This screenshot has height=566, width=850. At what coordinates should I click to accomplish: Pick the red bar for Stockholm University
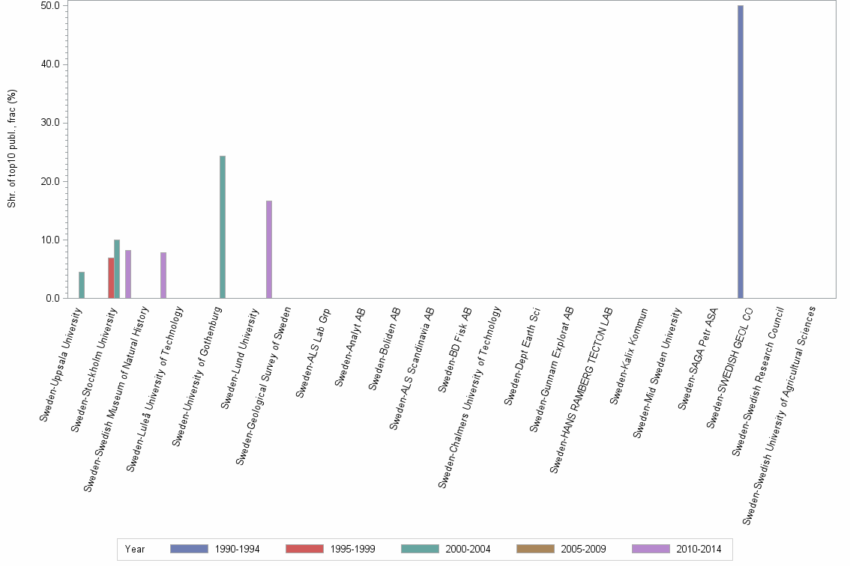tap(111, 278)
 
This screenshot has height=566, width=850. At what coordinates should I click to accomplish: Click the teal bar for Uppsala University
tap(82, 285)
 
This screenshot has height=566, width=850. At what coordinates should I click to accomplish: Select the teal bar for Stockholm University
tap(117, 269)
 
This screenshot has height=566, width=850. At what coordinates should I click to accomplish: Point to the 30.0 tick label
tap(52, 123)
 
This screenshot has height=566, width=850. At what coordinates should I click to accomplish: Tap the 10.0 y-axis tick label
tap(52, 240)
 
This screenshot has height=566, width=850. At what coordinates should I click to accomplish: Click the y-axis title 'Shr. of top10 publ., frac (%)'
tap(12, 149)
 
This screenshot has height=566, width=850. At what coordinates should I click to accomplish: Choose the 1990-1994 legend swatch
tap(189, 549)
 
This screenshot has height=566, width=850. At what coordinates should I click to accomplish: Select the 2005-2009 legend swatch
tap(535, 549)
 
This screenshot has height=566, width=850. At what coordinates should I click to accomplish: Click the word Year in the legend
tap(135, 549)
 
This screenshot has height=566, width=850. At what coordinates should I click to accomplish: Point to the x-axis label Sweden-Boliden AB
tap(387, 348)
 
